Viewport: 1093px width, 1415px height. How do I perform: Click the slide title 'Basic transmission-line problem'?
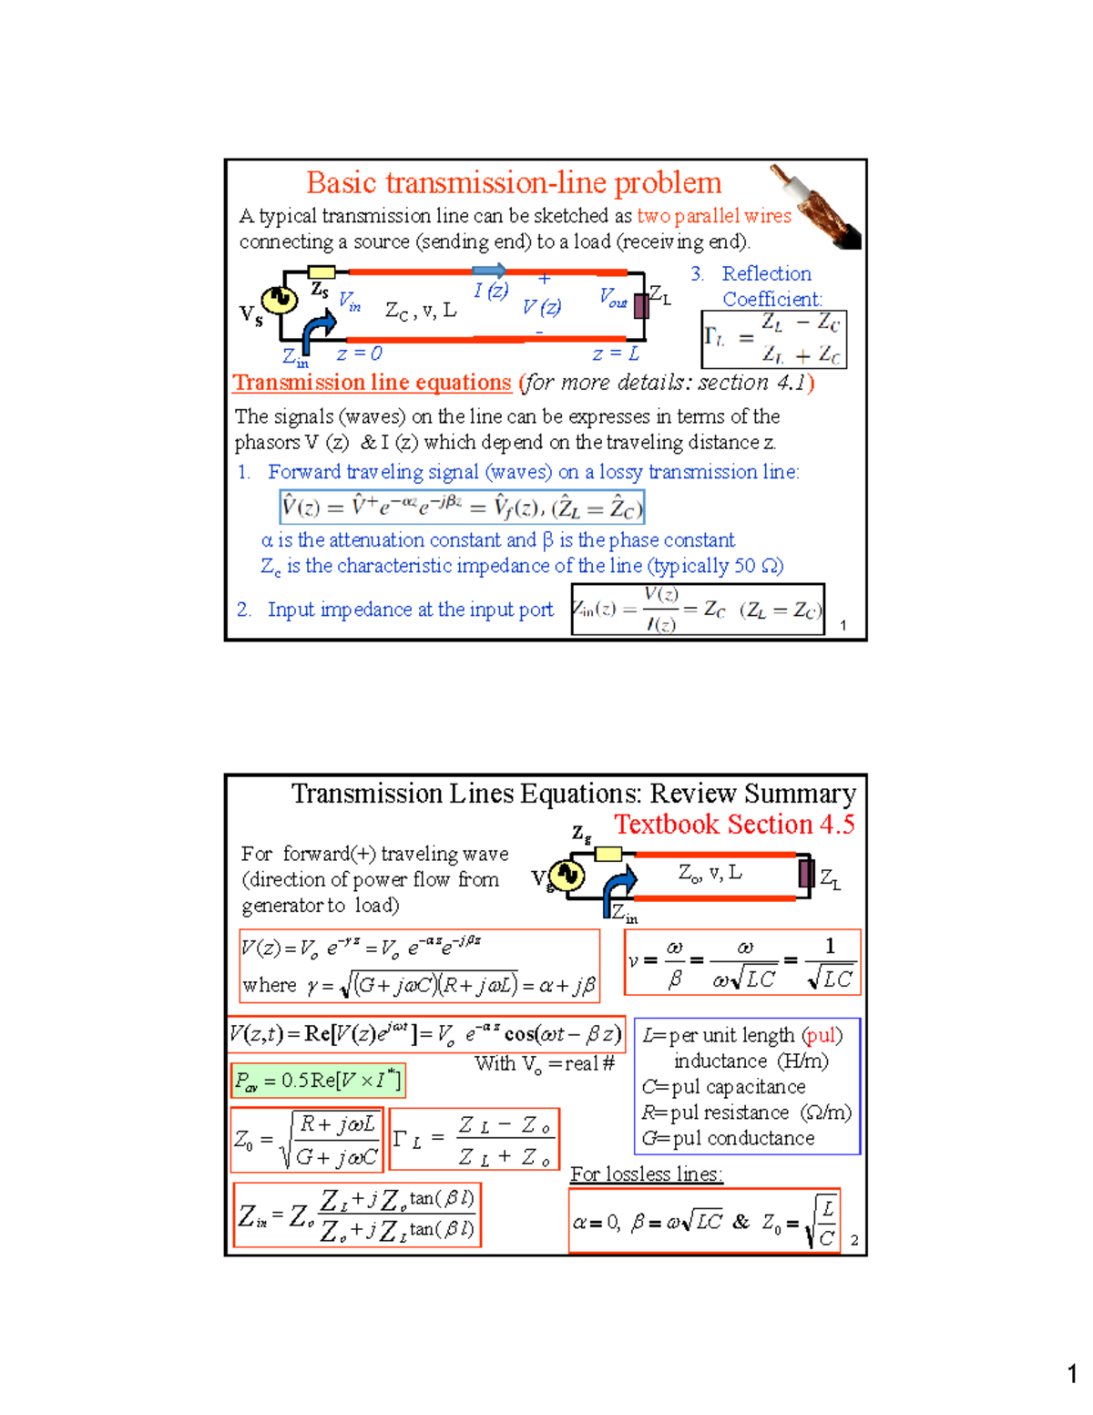[514, 183]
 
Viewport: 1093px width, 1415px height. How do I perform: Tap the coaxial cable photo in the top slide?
[816, 207]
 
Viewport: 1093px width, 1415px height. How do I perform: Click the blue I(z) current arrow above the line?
[490, 271]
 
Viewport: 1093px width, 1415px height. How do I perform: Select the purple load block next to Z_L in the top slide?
[641, 304]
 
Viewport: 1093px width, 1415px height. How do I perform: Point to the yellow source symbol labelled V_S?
[277, 299]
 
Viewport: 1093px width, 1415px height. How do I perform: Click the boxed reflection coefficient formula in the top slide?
[774, 340]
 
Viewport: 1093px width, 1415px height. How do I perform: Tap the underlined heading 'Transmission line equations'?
[372, 383]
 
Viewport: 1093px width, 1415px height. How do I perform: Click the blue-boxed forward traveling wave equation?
[462, 507]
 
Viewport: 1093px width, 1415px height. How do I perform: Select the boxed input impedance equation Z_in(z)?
[698, 610]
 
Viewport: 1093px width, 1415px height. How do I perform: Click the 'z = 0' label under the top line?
[359, 354]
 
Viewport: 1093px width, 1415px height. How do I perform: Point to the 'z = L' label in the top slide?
[616, 354]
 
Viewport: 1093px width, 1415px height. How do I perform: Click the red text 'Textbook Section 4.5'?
[734, 825]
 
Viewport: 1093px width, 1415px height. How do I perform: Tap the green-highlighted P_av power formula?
[317, 1081]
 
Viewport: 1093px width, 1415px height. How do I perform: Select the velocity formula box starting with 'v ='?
[742, 963]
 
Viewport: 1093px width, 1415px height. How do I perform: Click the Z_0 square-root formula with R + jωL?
[307, 1139]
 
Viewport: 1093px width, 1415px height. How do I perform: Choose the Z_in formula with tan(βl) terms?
[357, 1215]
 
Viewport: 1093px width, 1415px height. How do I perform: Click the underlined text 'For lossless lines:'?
[647, 1174]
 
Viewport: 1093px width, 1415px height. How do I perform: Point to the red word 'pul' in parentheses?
[822, 1036]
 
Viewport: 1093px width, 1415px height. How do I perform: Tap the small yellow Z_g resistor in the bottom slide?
[608, 854]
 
